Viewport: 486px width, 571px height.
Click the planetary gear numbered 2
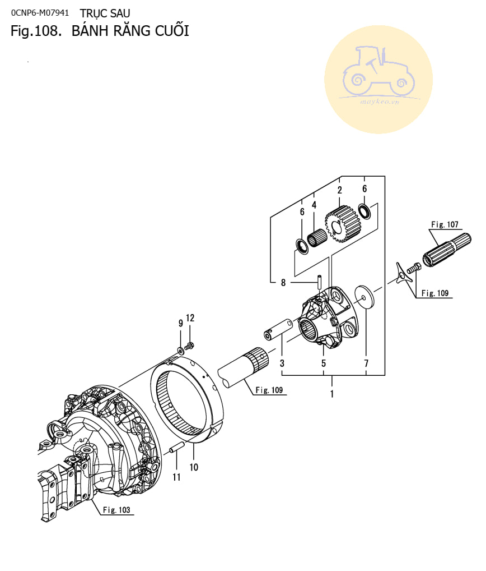click(x=342, y=224)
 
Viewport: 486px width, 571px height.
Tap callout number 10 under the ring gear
click(x=194, y=467)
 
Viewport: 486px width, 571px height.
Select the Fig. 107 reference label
click(x=445, y=224)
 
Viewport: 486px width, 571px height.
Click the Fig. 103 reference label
click(x=116, y=510)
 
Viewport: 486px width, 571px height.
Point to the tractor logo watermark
click(x=378, y=80)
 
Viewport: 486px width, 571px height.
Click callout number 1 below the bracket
click(x=332, y=394)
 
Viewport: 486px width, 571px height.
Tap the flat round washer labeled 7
click(x=364, y=297)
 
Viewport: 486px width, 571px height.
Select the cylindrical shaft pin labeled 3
click(x=278, y=330)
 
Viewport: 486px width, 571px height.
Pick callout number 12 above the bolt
click(x=190, y=318)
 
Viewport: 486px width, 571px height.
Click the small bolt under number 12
click(x=189, y=346)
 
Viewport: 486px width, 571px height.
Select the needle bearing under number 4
click(x=317, y=238)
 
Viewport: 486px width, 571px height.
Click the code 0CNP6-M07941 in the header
click(x=40, y=13)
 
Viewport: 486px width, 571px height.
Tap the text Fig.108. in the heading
click(x=36, y=31)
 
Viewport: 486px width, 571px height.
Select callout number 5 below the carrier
click(x=323, y=363)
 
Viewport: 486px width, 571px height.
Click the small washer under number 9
click(x=181, y=351)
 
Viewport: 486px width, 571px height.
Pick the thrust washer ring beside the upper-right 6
click(x=364, y=211)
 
